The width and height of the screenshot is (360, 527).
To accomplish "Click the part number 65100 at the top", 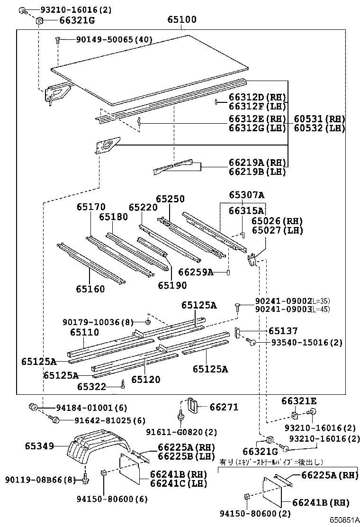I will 182,20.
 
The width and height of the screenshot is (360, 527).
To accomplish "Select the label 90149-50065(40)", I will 114,40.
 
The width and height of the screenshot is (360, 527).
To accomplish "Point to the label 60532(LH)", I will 319,128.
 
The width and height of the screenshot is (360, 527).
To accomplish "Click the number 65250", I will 170,199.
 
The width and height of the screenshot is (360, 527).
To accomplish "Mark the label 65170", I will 91,207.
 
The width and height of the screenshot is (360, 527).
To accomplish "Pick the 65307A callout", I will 246,195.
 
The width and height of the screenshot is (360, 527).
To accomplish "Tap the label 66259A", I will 195,272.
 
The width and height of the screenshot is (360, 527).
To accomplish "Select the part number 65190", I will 172,285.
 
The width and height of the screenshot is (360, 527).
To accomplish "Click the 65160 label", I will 90,289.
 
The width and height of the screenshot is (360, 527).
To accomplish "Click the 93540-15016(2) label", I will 306,342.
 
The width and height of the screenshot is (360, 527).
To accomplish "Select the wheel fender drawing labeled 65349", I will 95,448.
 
